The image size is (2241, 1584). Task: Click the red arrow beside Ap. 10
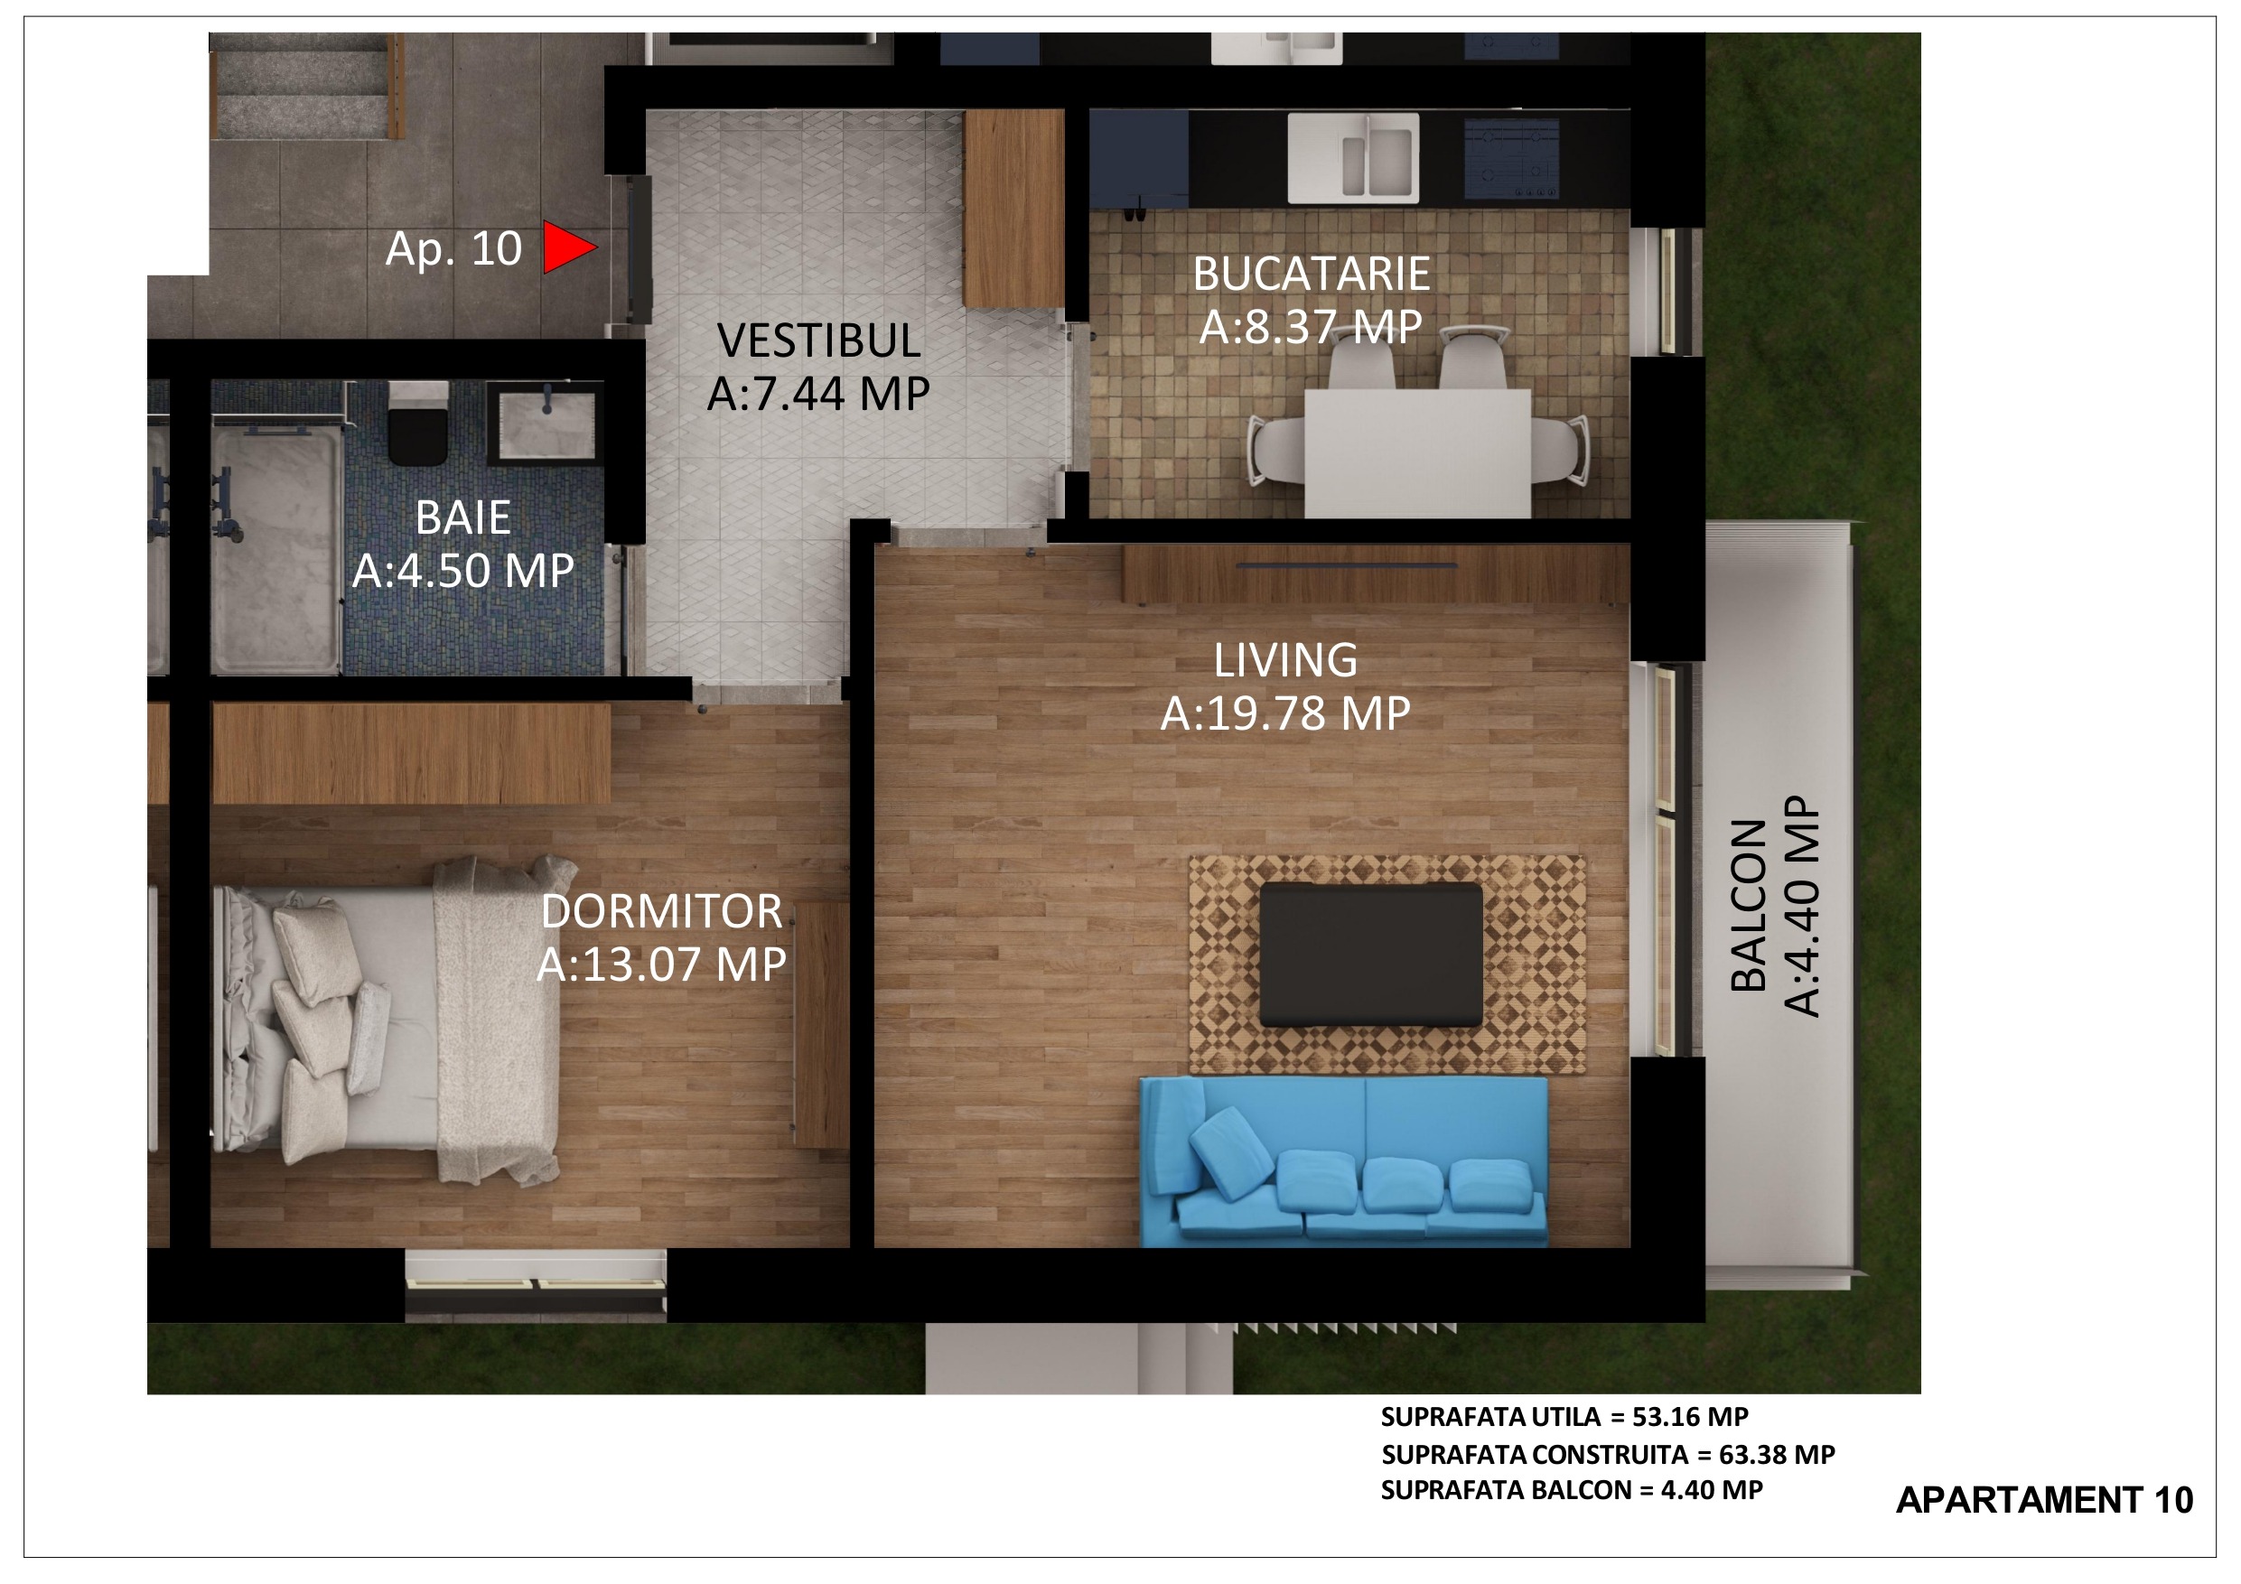(x=568, y=248)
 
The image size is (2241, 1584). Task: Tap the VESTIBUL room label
(x=819, y=340)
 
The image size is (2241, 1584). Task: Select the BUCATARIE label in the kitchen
(x=1311, y=274)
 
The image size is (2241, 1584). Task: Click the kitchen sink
(x=1353, y=158)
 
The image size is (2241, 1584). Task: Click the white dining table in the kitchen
(x=1417, y=452)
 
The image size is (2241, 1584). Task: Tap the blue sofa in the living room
(x=1344, y=1161)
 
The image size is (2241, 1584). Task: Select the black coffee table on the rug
(x=1370, y=955)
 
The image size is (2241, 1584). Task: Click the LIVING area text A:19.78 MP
(x=1285, y=713)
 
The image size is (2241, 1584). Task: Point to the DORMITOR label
(x=662, y=911)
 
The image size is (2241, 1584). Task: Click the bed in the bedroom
(x=386, y=1019)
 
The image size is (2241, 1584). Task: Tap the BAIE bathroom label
(x=462, y=517)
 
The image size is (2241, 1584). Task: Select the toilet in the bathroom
(x=419, y=424)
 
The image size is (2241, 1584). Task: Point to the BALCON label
(x=1748, y=907)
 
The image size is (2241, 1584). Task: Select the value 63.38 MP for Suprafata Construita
(x=1778, y=1454)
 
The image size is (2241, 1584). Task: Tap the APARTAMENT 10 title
(x=2045, y=1500)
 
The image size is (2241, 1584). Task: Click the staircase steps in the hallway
(x=306, y=86)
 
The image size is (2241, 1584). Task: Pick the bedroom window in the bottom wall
(x=536, y=1285)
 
